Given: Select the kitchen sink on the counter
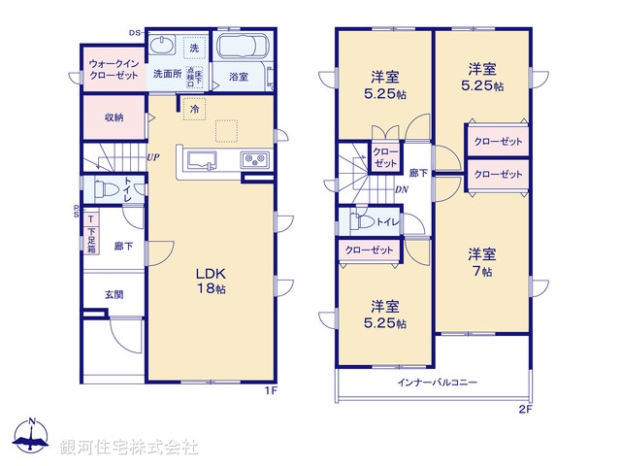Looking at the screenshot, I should tap(201, 161).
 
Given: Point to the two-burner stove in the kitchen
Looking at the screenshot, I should tap(254, 160).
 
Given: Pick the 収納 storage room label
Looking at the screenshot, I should tap(114, 117).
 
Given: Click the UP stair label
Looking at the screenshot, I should tap(153, 157).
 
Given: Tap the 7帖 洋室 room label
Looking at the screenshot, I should tap(482, 263).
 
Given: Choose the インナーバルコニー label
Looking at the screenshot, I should tap(437, 383).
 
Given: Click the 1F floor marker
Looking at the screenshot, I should tap(273, 391).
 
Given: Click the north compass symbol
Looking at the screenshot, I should tap(32, 440).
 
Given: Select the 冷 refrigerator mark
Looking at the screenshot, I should tap(194, 109).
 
